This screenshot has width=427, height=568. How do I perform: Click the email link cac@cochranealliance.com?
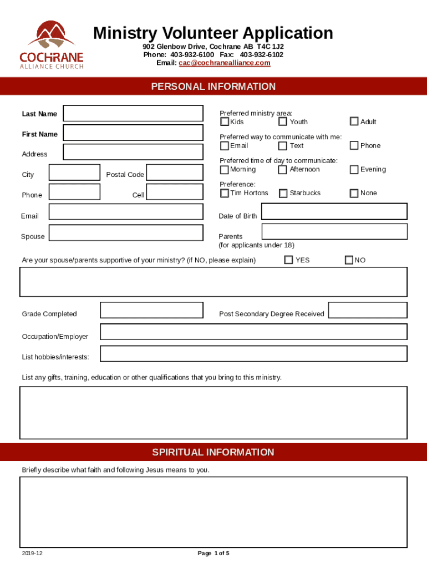coord(224,63)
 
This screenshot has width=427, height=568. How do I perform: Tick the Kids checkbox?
coord(225,121)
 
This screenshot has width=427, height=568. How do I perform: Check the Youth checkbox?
coord(283,121)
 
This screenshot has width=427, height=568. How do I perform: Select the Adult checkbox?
coord(354,121)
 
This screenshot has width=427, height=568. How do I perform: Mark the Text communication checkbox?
coord(283,146)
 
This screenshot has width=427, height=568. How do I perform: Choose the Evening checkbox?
coord(354,170)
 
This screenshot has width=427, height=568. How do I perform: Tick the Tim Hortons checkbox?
coord(225,193)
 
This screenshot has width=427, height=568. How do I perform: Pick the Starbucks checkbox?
coord(283,193)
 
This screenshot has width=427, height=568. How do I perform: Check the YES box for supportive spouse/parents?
coord(288,260)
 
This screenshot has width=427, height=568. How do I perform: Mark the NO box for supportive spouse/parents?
coord(349,260)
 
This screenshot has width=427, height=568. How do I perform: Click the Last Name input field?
coord(133,113)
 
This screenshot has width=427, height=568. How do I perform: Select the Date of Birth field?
coord(334,211)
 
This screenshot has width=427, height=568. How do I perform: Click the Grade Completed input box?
coord(152,310)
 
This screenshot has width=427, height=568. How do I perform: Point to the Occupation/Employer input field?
coord(253,332)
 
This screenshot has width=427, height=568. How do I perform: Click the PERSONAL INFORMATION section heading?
coord(213,87)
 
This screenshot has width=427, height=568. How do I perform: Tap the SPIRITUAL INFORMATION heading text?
coord(213,453)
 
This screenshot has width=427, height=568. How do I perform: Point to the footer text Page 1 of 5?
coord(213,554)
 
